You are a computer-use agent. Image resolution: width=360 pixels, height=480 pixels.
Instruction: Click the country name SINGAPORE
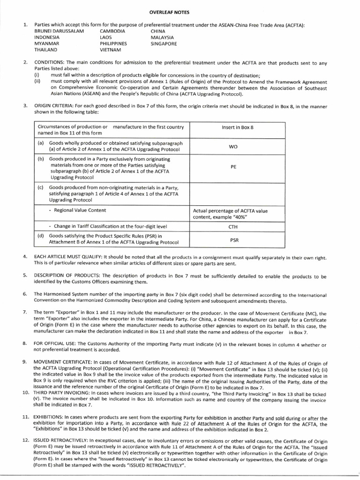pyautogui.click(x=164, y=43)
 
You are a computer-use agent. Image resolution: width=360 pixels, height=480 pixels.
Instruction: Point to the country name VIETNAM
pyautogui.click(x=110, y=49)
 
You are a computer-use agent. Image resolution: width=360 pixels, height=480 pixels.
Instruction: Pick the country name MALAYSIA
pyautogui.click(x=162, y=37)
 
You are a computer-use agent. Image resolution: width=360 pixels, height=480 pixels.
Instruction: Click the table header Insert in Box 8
pyautogui.click(x=237, y=127)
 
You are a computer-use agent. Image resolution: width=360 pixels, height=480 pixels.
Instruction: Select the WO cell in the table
pyautogui.click(x=233, y=146)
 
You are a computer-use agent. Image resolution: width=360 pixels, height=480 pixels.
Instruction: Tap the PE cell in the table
pyautogui.click(x=233, y=166)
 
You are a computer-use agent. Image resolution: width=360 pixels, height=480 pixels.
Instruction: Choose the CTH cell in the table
pyautogui.click(x=233, y=227)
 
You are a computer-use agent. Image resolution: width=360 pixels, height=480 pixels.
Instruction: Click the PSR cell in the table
pyautogui.click(x=233, y=239)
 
